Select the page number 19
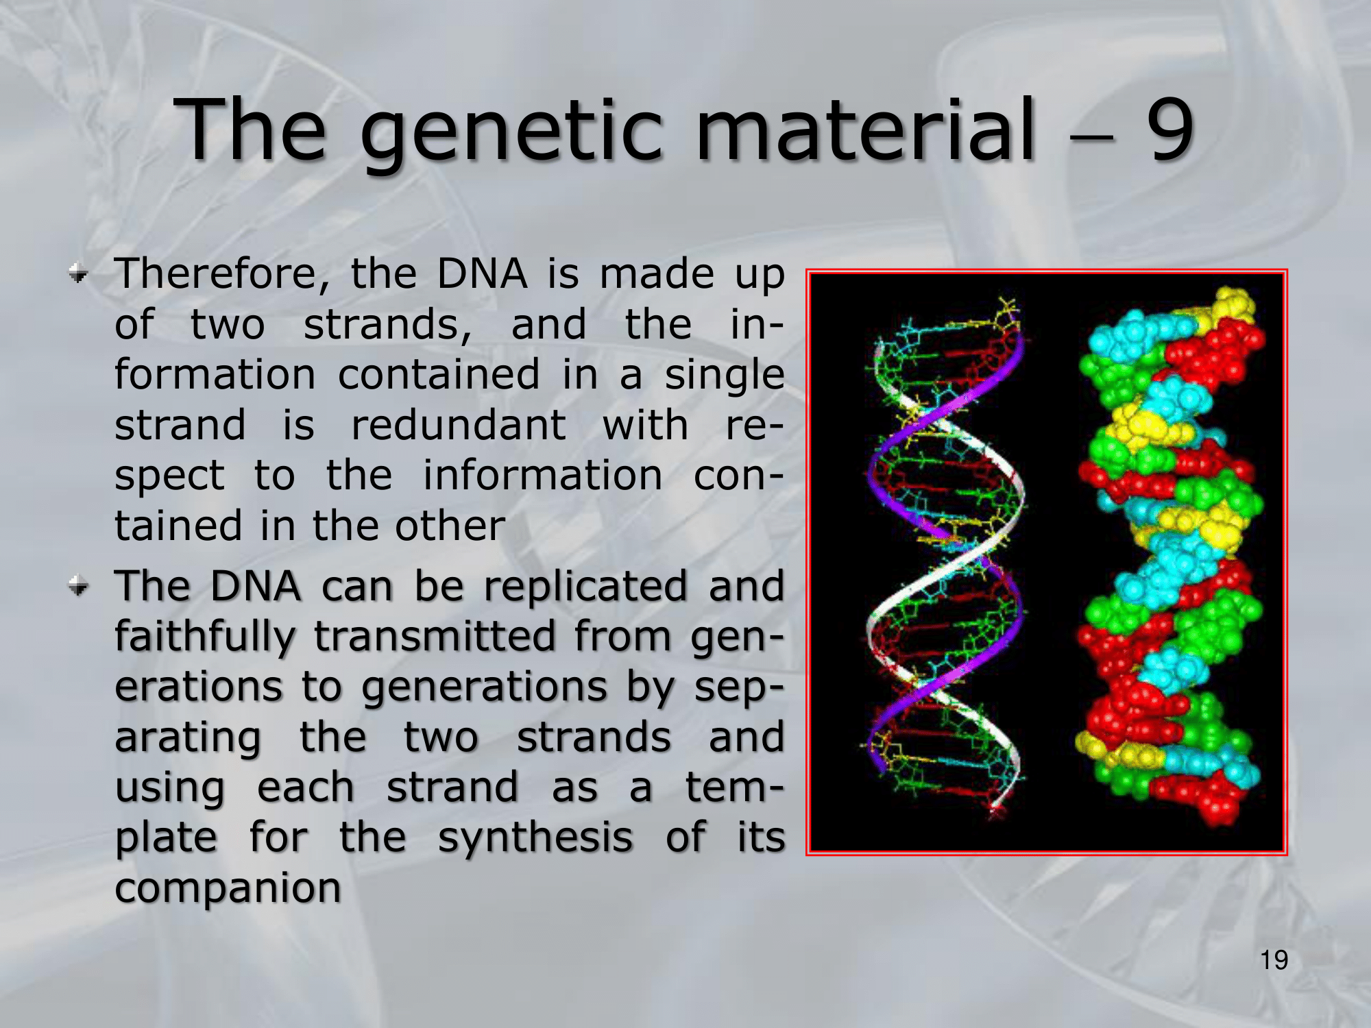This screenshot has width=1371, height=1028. [x=1274, y=960]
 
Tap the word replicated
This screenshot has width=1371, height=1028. [x=585, y=587]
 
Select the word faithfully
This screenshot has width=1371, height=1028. [x=205, y=637]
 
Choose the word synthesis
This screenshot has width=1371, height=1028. [x=535, y=839]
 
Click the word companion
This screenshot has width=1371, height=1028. [x=228, y=890]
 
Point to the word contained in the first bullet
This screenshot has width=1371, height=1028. [x=439, y=375]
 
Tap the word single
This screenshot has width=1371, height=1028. [x=724, y=376]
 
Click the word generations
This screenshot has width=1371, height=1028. [x=484, y=688]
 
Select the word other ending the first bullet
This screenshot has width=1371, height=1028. [x=450, y=526]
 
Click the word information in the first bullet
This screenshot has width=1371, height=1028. [x=542, y=475]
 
